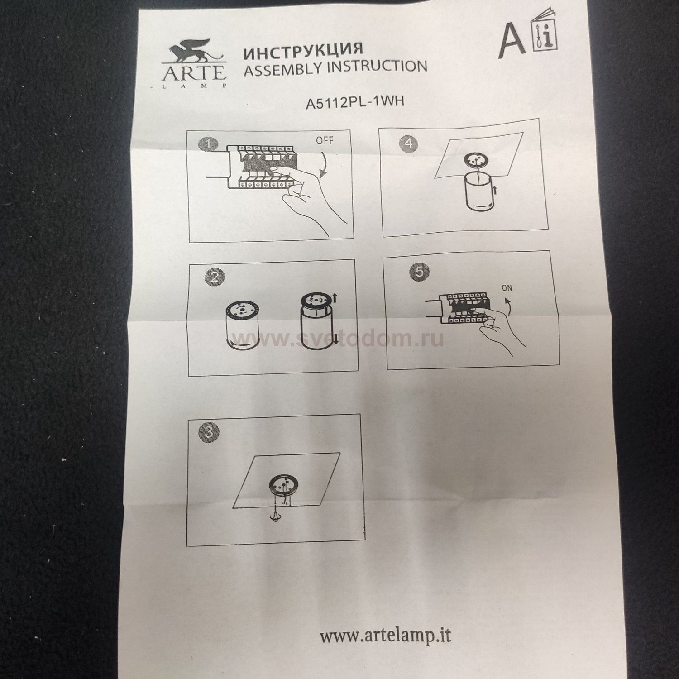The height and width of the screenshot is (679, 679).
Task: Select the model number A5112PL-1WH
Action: tap(355, 102)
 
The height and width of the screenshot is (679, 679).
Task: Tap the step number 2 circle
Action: tap(215, 276)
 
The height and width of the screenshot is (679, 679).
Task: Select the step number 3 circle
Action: tap(209, 432)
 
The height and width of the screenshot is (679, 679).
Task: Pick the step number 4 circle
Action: tap(408, 143)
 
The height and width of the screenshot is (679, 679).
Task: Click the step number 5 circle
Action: tap(420, 272)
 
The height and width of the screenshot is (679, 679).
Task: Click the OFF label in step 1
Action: tap(325, 140)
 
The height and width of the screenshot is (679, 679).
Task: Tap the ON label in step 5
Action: tap(507, 287)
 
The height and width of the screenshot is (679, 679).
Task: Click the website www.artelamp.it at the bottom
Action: tap(386, 635)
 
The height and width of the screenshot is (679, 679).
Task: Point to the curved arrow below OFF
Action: tap(325, 166)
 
